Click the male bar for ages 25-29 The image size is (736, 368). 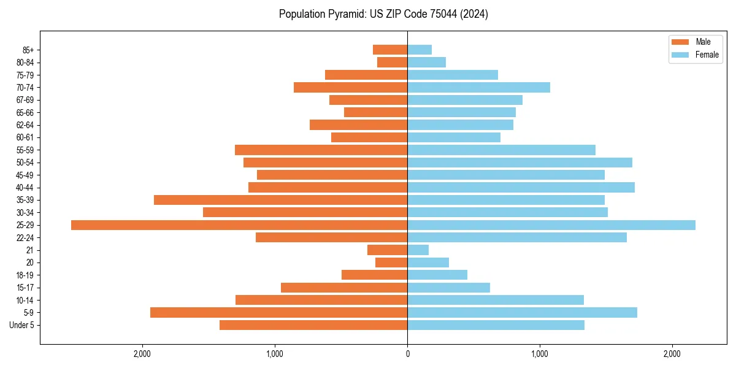tap(239, 225)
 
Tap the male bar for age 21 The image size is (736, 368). tap(387, 250)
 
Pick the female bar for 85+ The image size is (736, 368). tap(420, 50)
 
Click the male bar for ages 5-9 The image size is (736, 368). tap(279, 313)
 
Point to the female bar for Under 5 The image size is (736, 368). tap(496, 325)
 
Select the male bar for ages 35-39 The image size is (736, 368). tap(281, 200)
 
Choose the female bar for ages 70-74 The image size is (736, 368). tap(478, 87)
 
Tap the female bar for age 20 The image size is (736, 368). tap(428, 263)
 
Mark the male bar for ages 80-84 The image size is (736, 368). tap(392, 62)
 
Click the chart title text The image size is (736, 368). tap(383, 14)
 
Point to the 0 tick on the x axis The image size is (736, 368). tap(407, 355)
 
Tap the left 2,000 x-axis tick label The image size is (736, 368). tap(142, 355)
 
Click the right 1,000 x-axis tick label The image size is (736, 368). tap(540, 355)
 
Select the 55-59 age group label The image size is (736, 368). tap(25, 150)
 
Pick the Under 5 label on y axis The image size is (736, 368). tap(22, 325)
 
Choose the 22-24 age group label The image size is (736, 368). tap(25, 238)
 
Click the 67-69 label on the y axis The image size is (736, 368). tap(25, 100)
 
